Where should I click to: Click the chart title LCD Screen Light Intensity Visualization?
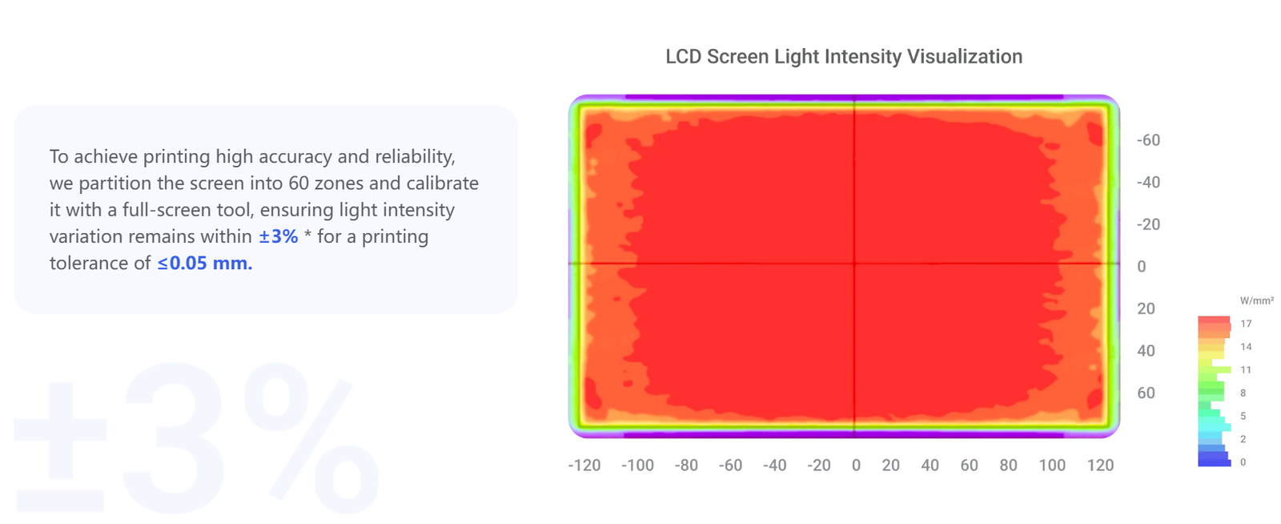844,57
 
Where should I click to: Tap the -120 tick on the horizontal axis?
584,465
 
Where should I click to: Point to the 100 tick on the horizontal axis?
1052,465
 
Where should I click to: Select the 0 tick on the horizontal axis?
856,465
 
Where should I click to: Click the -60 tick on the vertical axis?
1148,140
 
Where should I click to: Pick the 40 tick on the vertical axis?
1146,351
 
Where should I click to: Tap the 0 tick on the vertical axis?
1142,267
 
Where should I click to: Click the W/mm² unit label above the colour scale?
1256,301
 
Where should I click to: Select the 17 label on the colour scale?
1246,324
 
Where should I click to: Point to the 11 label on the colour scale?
1246,370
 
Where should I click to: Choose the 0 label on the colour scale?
1243,462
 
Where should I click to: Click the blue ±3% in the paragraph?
279,236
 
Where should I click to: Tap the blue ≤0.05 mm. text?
205,263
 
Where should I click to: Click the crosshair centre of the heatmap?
854,263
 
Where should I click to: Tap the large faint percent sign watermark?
311,437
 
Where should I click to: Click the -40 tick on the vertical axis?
1148,183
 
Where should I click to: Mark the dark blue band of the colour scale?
1214,460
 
